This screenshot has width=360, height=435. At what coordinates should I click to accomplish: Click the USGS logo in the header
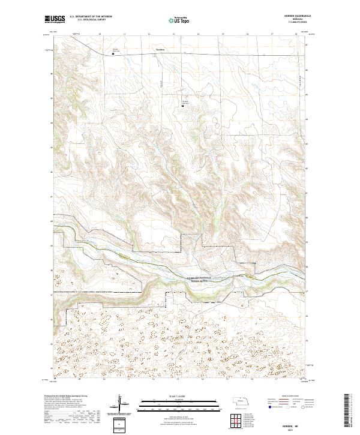coord(54,20)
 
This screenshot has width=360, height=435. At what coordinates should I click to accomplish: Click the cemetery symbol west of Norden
coord(113,53)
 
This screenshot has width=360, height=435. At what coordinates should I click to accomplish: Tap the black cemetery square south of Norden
coord(183,107)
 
